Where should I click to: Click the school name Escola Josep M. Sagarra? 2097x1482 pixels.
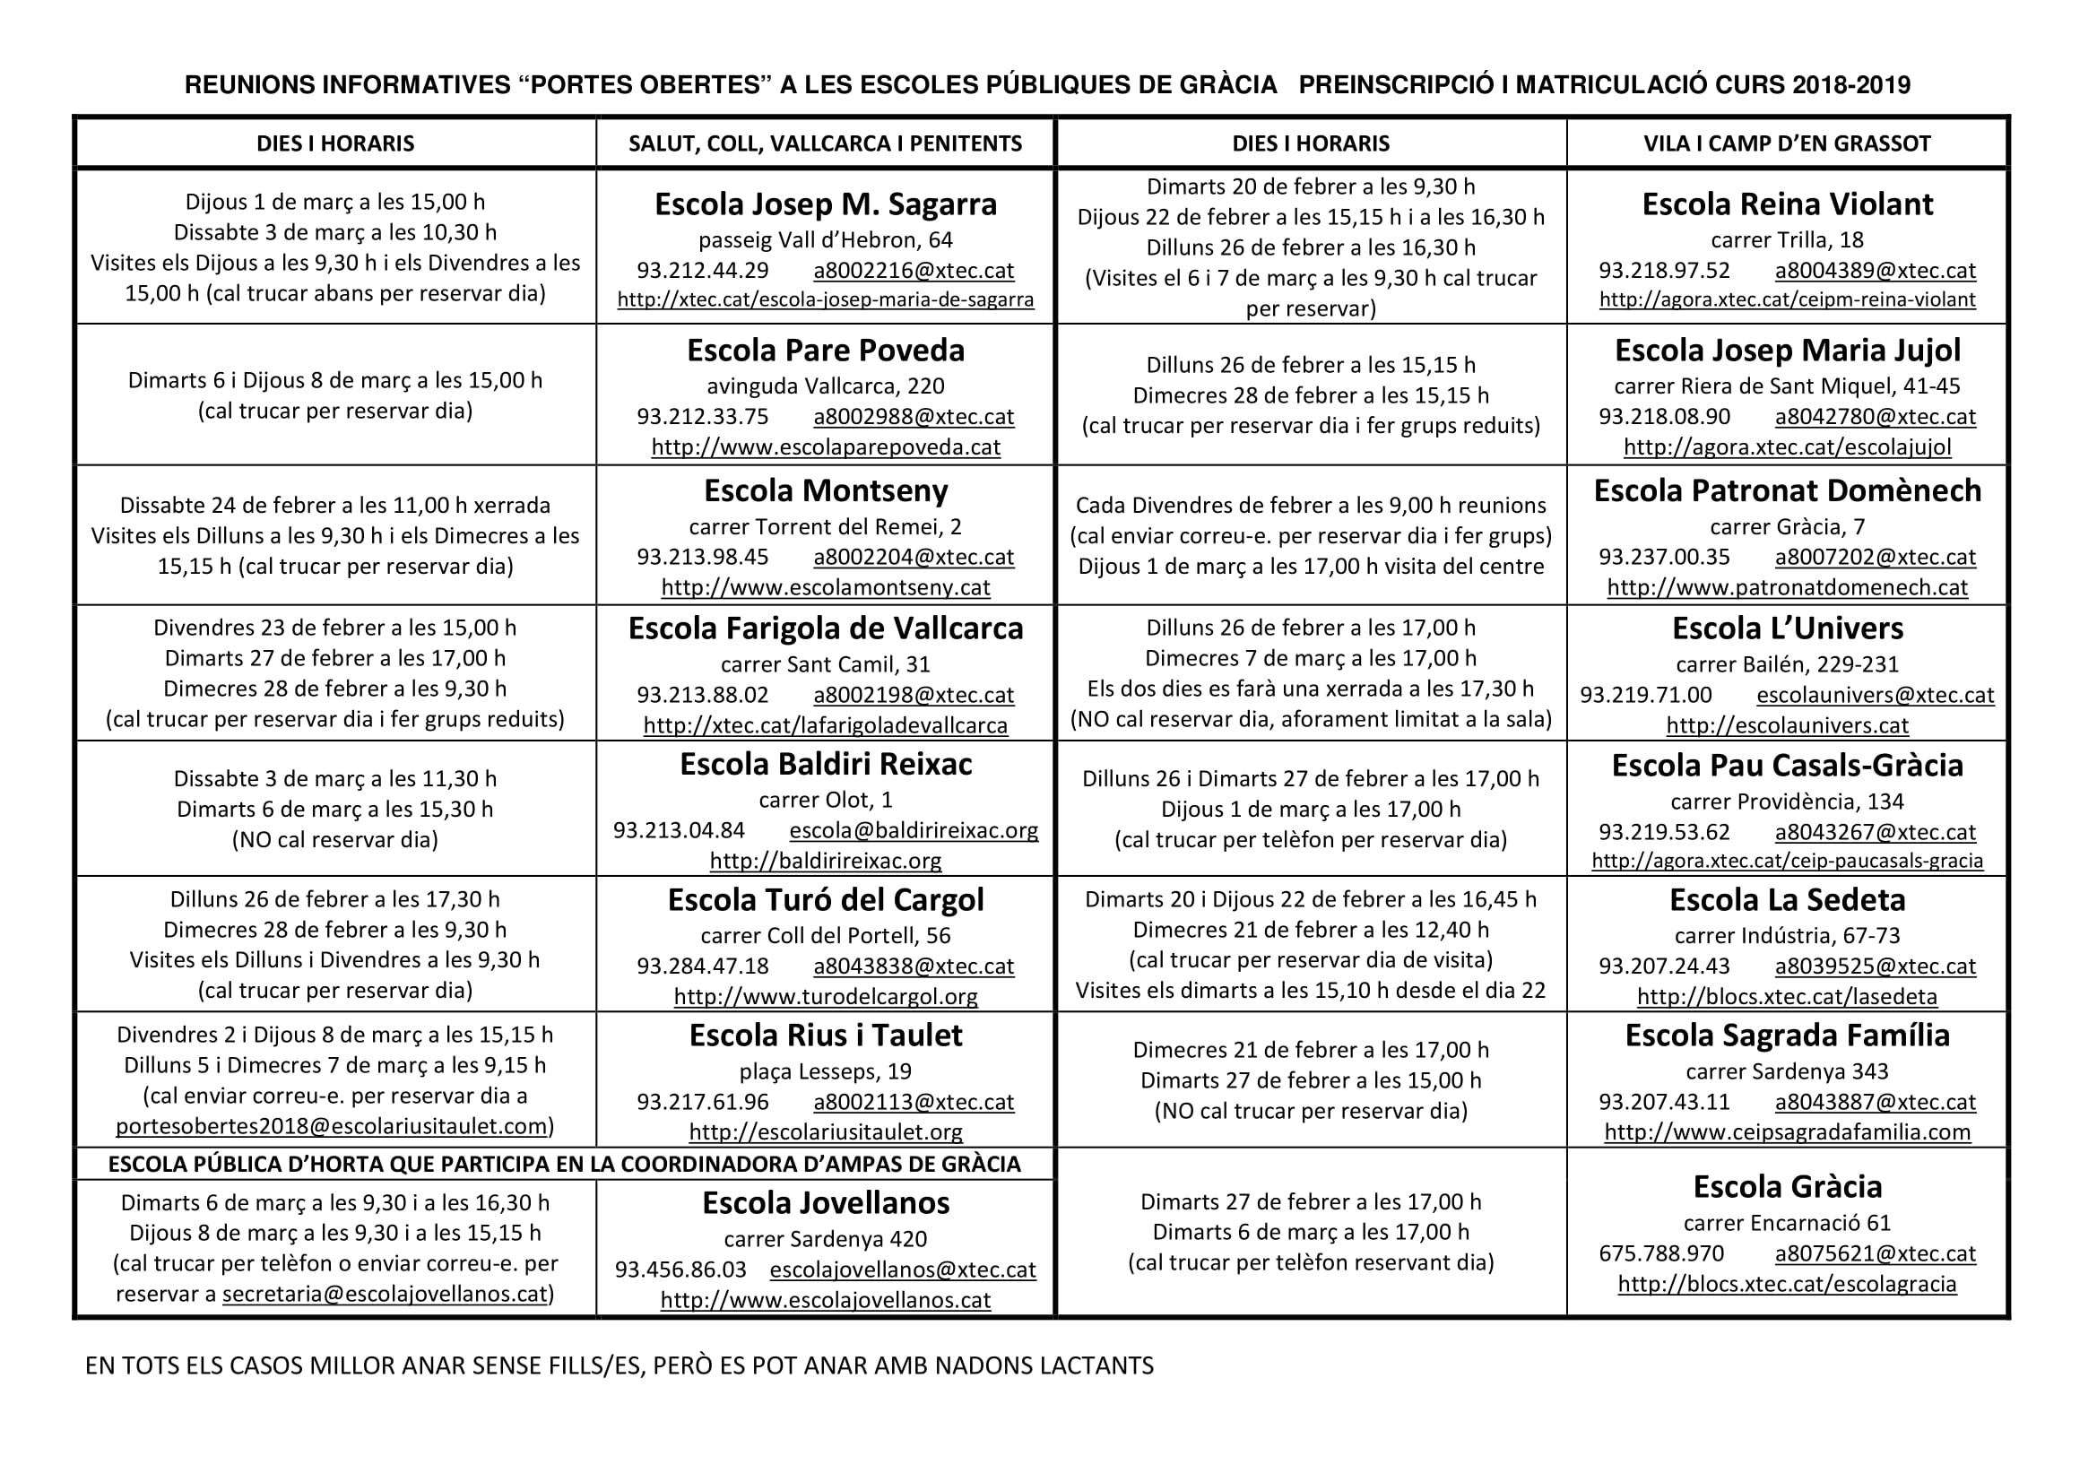(825, 204)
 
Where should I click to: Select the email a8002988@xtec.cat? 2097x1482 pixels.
(914, 416)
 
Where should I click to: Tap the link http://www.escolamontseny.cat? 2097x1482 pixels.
(825, 587)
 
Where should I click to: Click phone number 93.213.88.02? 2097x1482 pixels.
(702, 695)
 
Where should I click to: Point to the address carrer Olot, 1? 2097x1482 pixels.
(825, 800)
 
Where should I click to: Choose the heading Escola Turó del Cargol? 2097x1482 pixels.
(825, 899)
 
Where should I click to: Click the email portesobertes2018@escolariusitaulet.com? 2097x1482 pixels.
(332, 1126)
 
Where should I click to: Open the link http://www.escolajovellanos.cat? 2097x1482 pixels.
(825, 1299)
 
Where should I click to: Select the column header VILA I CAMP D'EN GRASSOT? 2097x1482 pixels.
(1787, 143)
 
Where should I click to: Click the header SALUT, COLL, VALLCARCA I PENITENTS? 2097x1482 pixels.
(825, 143)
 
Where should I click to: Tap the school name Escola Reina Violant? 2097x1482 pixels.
(1787, 204)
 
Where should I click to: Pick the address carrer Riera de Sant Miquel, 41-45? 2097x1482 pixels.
(1787, 386)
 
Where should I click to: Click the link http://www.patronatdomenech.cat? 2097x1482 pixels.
(1787, 587)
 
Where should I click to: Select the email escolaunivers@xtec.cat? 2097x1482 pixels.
(1874, 695)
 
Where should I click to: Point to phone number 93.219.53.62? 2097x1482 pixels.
(1663, 832)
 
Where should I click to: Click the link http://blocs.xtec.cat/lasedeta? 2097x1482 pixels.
(1787, 996)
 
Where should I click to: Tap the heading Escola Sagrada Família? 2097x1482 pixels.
(1787, 1035)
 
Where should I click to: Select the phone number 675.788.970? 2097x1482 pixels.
(1660, 1253)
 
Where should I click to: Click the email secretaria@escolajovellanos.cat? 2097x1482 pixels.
(385, 1294)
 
